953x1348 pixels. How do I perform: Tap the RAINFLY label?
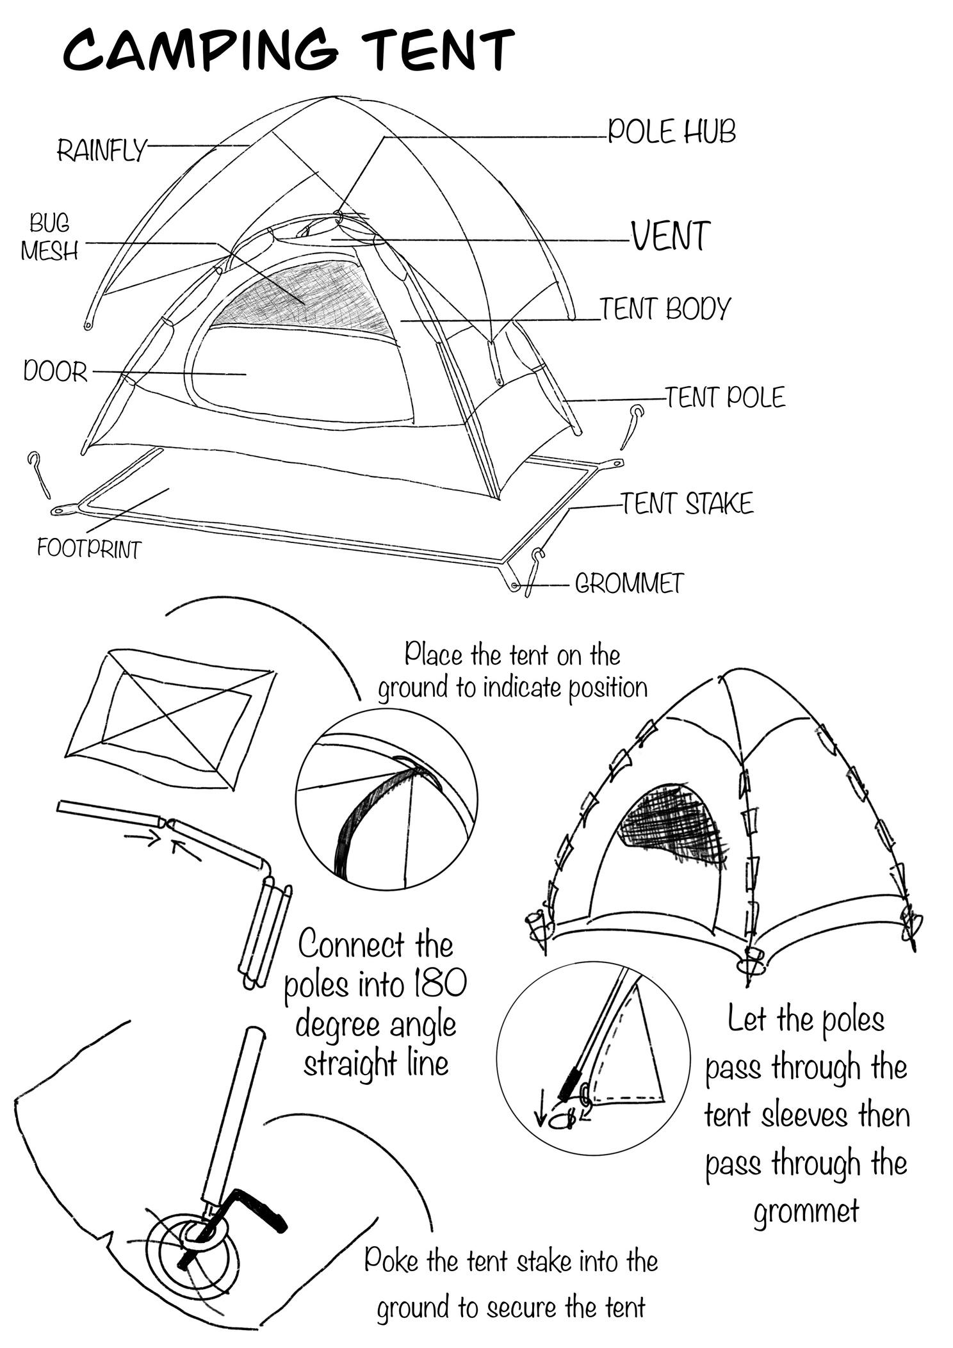[101, 151]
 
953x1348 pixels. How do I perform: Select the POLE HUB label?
[671, 132]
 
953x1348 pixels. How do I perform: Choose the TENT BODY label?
[665, 309]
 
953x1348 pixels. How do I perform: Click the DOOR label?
[55, 371]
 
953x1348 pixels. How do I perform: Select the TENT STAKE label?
[687, 504]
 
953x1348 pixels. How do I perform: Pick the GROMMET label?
[630, 583]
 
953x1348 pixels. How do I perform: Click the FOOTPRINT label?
[89, 549]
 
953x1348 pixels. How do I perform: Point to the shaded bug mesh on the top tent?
[301, 295]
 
